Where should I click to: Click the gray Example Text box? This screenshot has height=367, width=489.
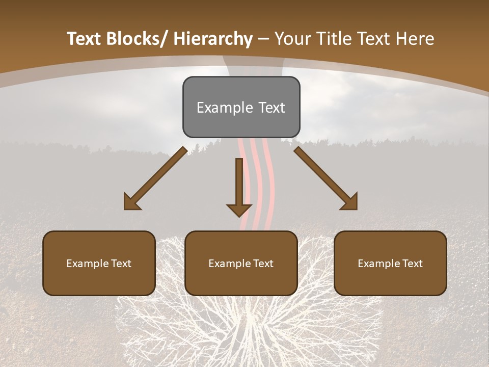(x=241, y=107)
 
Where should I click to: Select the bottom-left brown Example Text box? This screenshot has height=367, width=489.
(x=99, y=263)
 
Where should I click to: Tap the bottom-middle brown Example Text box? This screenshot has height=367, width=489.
(x=241, y=263)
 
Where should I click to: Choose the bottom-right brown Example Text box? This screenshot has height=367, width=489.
(x=390, y=263)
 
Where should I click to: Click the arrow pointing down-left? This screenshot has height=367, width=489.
(x=156, y=178)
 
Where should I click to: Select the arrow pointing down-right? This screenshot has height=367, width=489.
(x=325, y=178)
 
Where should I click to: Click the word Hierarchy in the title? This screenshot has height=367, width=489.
(x=213, y=39)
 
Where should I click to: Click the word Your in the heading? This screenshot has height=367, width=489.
(x=292, y=39)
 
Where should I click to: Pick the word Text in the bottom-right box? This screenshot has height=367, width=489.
(x=411, y=263)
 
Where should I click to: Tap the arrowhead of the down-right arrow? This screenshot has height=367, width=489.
(x=349, y=202)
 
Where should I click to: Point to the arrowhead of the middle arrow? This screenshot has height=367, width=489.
(x=239, y=209)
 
